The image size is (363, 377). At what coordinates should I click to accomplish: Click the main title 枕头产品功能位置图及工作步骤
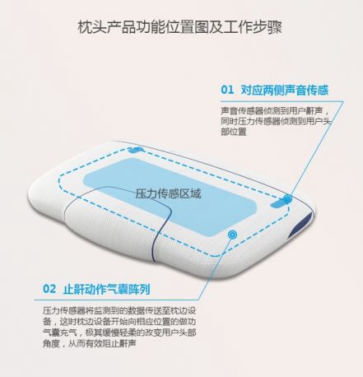point(179,27)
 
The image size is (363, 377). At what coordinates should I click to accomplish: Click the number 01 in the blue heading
point(227,90)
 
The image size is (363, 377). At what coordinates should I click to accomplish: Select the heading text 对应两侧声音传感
point(285,90)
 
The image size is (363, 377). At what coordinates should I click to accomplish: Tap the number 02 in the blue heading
point(49,289)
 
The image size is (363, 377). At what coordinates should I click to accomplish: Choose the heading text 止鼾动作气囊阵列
point(107,289)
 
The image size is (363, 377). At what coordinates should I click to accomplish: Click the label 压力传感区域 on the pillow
point(168,193)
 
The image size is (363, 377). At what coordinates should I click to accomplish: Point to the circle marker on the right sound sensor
point(287,199)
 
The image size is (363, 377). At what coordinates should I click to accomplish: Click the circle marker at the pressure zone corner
point(232,235)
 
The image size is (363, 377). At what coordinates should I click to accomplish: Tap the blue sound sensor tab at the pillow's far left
point(136,150)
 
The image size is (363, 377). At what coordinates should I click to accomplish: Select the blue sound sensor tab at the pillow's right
point(278,203)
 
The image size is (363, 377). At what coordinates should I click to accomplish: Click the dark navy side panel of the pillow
point(302,226)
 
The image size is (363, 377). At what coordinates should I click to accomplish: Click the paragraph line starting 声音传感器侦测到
point(275,110)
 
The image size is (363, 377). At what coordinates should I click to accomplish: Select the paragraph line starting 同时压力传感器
point(276,121)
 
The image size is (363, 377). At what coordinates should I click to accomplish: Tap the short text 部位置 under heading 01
point(234,132)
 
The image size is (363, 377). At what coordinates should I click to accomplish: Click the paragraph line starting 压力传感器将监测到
point(119,310)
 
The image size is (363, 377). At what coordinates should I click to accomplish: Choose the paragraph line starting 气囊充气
point(119,333)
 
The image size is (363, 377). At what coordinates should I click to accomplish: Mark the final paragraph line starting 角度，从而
point(90,343)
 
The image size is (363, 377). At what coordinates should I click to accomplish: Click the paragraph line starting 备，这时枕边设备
point(119,322)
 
